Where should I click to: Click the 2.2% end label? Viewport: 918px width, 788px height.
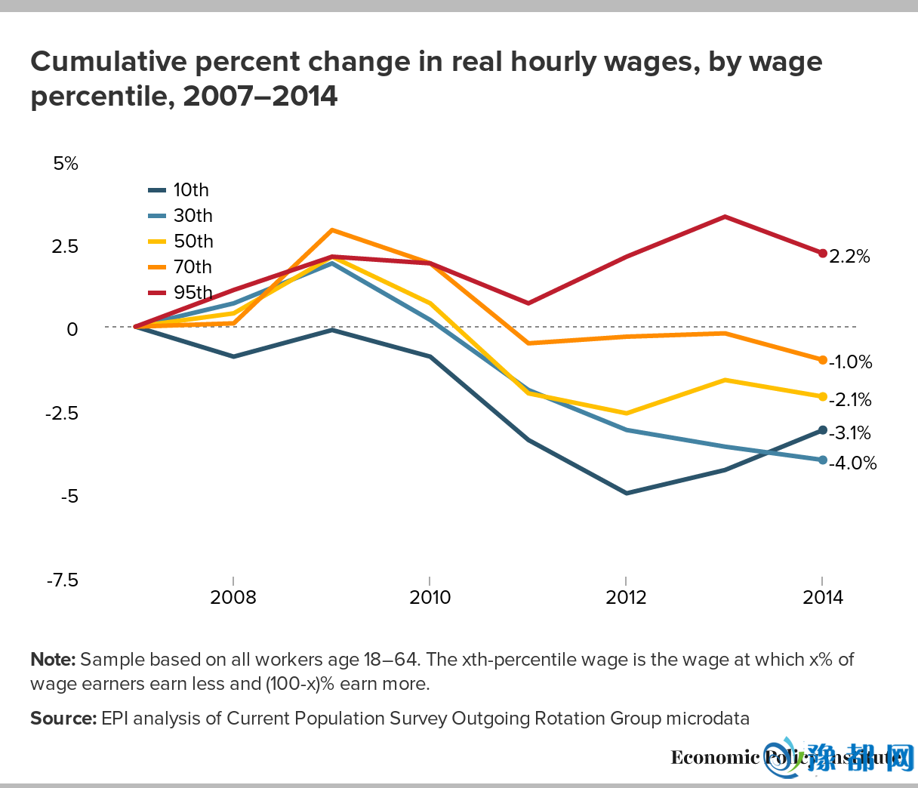coord(849,257)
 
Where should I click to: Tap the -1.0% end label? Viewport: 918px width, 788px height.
coord(850,362)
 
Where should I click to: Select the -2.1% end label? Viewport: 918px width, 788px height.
coord(850,399)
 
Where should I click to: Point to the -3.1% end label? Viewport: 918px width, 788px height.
coord(850,432)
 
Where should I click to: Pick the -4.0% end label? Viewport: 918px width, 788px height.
coord(852,463)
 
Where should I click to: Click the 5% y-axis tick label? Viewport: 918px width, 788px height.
coord(66,164)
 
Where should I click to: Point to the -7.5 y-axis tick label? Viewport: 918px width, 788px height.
coord(62,580)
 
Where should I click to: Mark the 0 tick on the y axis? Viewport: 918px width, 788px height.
coord(72,329)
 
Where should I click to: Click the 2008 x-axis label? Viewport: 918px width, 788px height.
coord(233,598)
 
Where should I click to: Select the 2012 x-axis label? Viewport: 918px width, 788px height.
coord(626,598)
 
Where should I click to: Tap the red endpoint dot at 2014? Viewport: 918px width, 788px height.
coord(823,253)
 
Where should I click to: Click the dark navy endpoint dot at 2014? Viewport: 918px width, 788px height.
coord(823,430)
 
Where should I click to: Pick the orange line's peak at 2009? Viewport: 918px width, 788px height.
coord(332,230)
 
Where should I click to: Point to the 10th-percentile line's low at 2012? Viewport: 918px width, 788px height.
coord(627,493)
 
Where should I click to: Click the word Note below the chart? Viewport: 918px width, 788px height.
coord(53,660)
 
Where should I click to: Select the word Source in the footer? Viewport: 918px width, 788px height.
coord(63,719)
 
